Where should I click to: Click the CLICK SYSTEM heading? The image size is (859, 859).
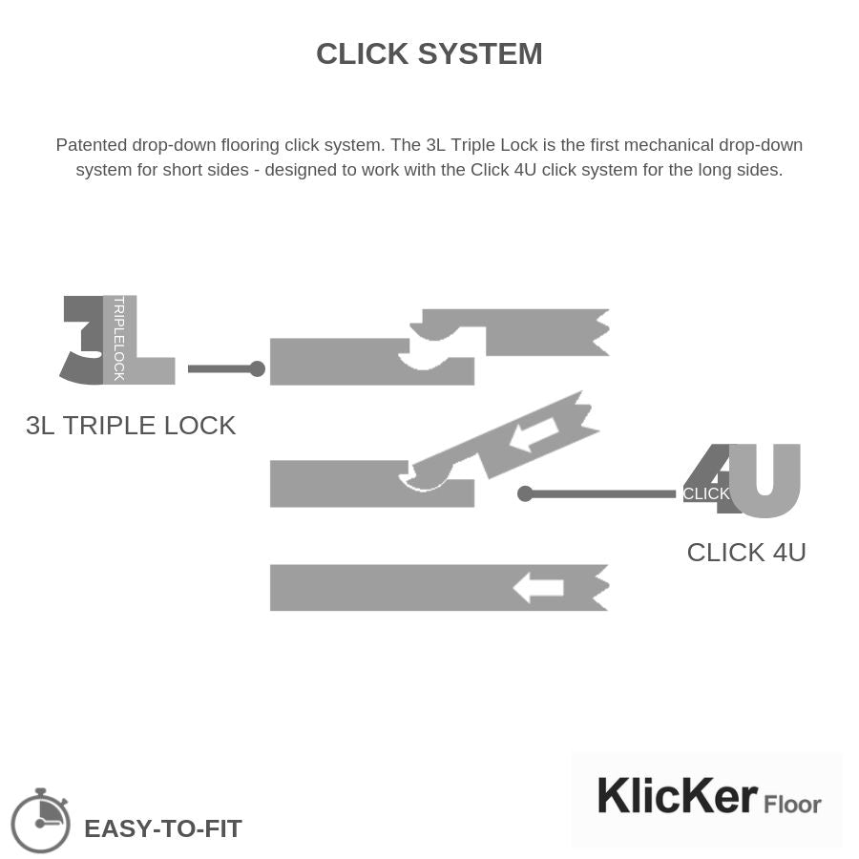429,53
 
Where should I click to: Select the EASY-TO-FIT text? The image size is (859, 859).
163,828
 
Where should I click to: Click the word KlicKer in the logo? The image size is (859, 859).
677,797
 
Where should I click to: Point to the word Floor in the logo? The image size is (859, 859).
792,805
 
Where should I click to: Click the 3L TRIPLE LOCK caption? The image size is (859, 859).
131,426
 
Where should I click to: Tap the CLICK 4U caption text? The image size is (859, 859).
746,553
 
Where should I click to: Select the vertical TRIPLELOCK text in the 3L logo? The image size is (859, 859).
119,338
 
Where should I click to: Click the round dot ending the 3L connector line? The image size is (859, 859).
257,368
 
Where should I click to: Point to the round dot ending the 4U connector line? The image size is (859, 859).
525,493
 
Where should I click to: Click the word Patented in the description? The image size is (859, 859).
91,145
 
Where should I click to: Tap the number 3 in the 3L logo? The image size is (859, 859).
83,340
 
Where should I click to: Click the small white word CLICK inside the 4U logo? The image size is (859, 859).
706,493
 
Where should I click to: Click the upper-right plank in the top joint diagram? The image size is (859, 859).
534,331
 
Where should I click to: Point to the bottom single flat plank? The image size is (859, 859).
401,588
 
